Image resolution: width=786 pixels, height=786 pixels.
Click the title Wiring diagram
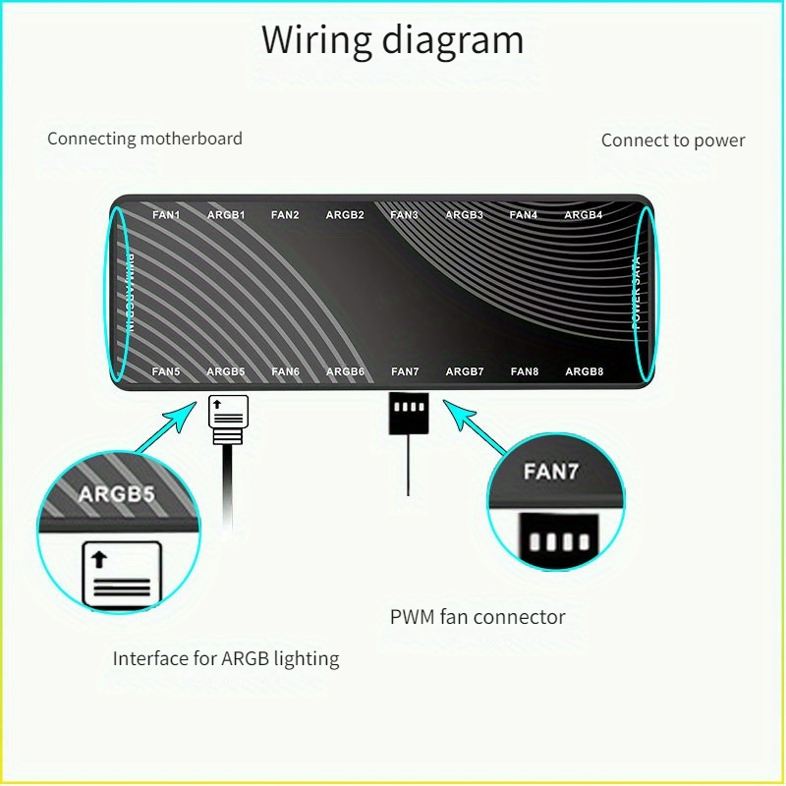(392, 40)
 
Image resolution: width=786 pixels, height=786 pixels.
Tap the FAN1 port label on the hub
(166, 214)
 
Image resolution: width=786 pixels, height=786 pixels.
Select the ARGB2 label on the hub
(345, 214)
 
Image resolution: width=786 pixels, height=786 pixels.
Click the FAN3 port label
(404, 214)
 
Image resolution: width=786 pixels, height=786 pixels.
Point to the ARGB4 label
(584, 214)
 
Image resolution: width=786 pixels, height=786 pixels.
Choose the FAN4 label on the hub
(524, 214)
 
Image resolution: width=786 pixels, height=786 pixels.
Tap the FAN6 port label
(285, 371)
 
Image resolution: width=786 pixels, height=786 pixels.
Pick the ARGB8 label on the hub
(584, 371)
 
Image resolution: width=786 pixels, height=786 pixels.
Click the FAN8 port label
(525, 371)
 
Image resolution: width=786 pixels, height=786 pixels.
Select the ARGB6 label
(345, 371)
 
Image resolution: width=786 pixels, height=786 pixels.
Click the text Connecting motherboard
(144, 139)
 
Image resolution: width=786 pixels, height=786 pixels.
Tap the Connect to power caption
(673, 140)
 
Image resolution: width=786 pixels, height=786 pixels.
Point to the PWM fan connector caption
(477, 618)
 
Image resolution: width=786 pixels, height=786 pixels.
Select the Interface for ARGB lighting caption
(226, 659)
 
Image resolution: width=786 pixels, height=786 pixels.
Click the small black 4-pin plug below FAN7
(406, 413)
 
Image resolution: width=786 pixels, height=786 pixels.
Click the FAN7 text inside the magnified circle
(551, 472)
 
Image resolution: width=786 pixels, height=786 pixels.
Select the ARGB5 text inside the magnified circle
(116, 493)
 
